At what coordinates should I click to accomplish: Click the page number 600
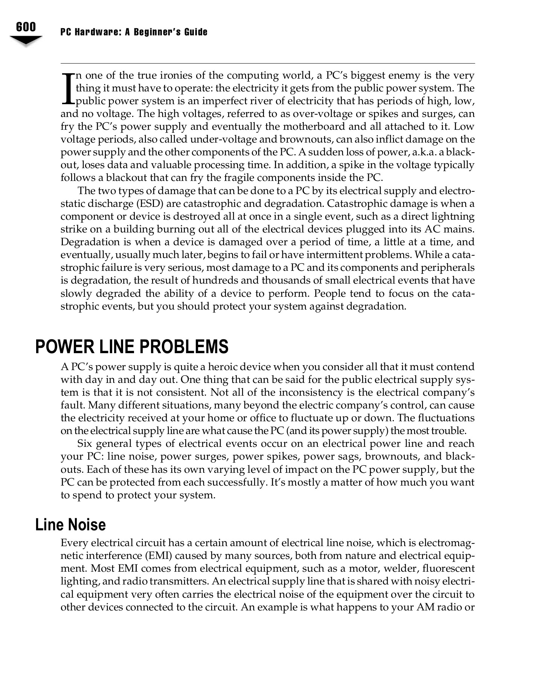tap(26, 27)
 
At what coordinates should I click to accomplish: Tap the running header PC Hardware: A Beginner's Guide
tap(134, 32)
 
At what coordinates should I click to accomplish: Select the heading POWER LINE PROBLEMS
tap(132, 346)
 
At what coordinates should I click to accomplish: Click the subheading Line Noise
tap(70, 525)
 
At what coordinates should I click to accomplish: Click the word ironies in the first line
tap(177, 76)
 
